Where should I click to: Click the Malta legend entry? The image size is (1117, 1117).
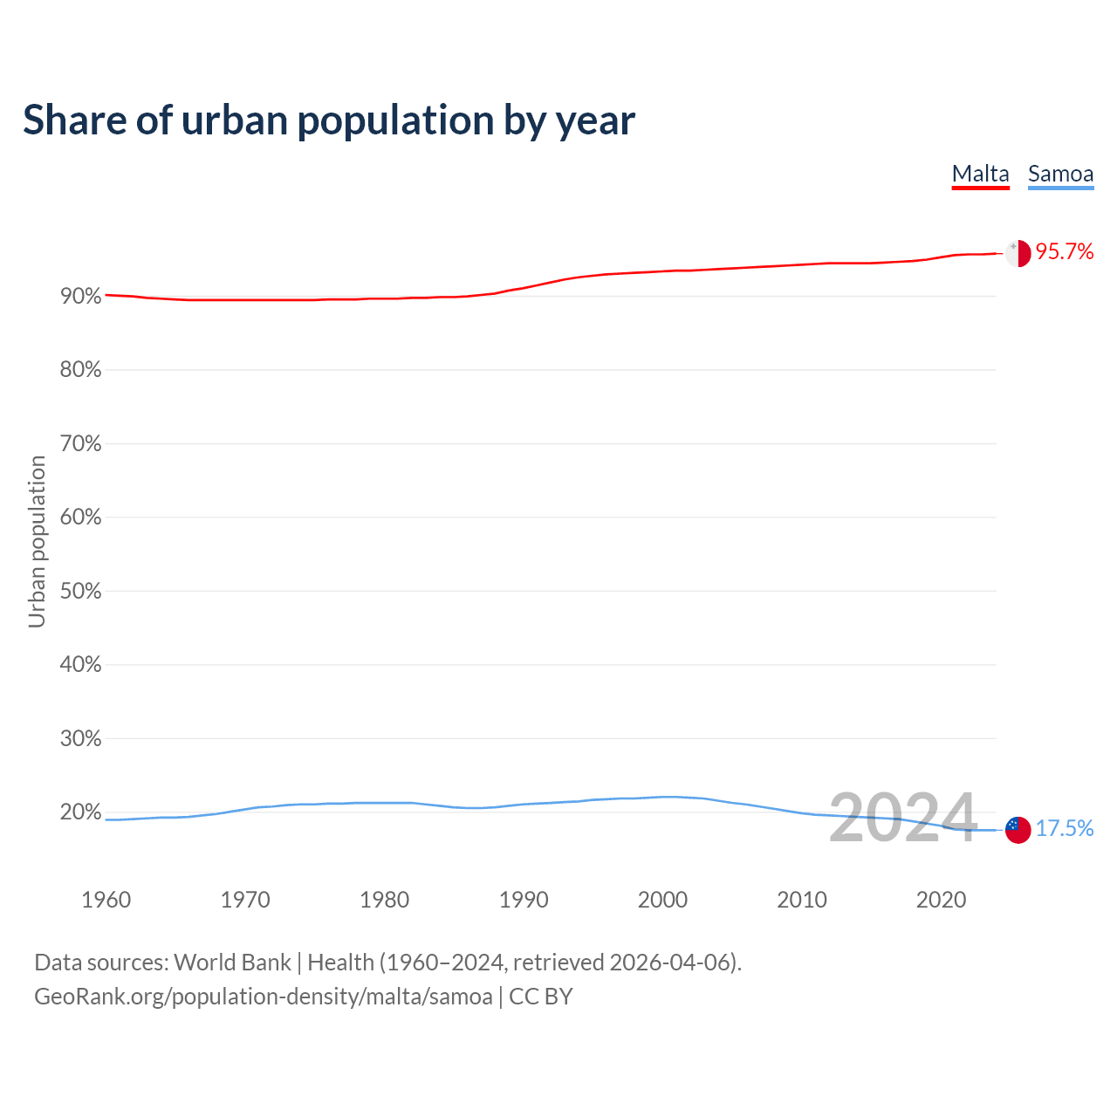[x=980, y=174]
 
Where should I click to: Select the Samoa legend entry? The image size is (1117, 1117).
[x=1060, y=174]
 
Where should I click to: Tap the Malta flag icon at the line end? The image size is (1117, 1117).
[x=1018, y=253]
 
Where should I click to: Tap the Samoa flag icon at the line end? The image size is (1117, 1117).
[x=1018, y=829]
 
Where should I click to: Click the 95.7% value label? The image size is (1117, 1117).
[x=1065, y=252]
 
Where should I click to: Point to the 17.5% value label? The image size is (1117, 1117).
[x=1065, y=828]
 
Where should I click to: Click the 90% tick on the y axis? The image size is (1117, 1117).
[x=80, y=297]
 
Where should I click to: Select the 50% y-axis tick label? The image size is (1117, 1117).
[x=80, y=592]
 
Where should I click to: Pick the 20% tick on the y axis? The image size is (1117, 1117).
[x=80, y=812]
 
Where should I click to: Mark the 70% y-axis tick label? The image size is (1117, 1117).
[x=80, y=444]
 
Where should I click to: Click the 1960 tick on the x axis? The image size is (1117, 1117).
[x=106, y=900]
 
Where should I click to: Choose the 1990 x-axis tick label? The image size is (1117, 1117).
[x=524, y=900]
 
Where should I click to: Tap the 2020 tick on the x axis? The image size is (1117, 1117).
[x=941, y=900]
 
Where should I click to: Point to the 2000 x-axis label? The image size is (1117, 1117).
[x=662, y=900]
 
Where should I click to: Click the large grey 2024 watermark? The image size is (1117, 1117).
[x=902, y=819]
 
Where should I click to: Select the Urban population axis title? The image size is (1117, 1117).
[x=37, y=541]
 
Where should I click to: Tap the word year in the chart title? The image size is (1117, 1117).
[x=597, y=120]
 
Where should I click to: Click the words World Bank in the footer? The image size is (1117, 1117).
[x=232, y=963]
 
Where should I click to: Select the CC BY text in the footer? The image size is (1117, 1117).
[x=540, y=997]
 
